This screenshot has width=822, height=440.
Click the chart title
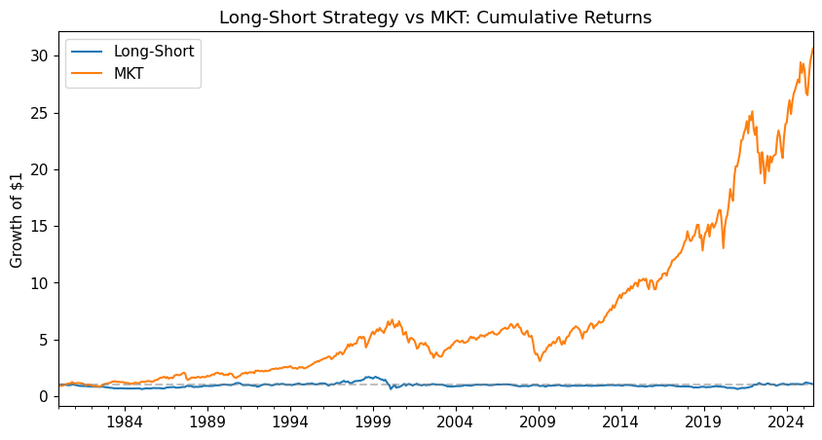434,18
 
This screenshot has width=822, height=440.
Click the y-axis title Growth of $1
17,218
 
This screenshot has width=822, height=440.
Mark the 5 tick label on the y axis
45,340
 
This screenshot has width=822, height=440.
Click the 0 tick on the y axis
45,396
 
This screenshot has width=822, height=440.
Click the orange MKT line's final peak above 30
812,49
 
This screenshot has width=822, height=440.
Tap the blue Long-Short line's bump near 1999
371,377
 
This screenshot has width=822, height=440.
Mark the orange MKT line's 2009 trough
540,361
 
